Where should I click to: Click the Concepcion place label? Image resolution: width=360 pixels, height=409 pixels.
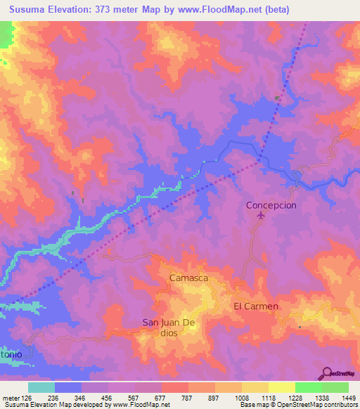[271, 205]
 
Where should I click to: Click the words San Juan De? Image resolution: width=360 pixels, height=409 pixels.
[172, 323]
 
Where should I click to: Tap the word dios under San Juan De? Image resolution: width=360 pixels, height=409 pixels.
[168, 333]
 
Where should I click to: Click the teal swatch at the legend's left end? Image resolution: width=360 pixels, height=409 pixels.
[41, 387]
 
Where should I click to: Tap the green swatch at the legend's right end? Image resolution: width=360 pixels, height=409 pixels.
[335, 387]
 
